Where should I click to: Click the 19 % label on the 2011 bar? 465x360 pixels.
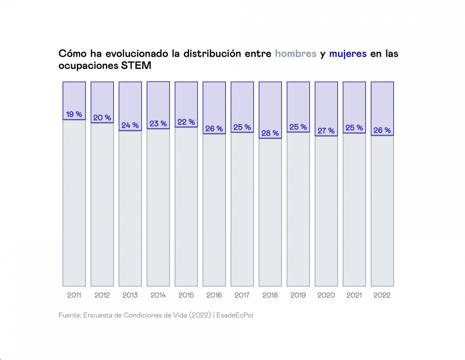74,114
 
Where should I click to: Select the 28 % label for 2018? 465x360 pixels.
270,133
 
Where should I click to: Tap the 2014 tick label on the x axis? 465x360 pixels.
158,295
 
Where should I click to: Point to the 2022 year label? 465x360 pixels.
382,295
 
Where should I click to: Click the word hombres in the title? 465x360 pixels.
295,54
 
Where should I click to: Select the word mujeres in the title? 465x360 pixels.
348,54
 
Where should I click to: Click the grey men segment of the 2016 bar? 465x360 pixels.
214,211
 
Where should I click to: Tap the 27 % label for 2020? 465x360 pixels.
326,131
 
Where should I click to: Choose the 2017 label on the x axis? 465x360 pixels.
242,295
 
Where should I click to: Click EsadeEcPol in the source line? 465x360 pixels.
235,315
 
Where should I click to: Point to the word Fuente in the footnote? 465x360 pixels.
69,315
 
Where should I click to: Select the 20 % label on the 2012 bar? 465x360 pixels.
102,118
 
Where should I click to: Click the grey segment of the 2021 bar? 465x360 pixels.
354,211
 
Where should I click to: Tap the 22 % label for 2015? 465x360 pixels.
186,122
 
